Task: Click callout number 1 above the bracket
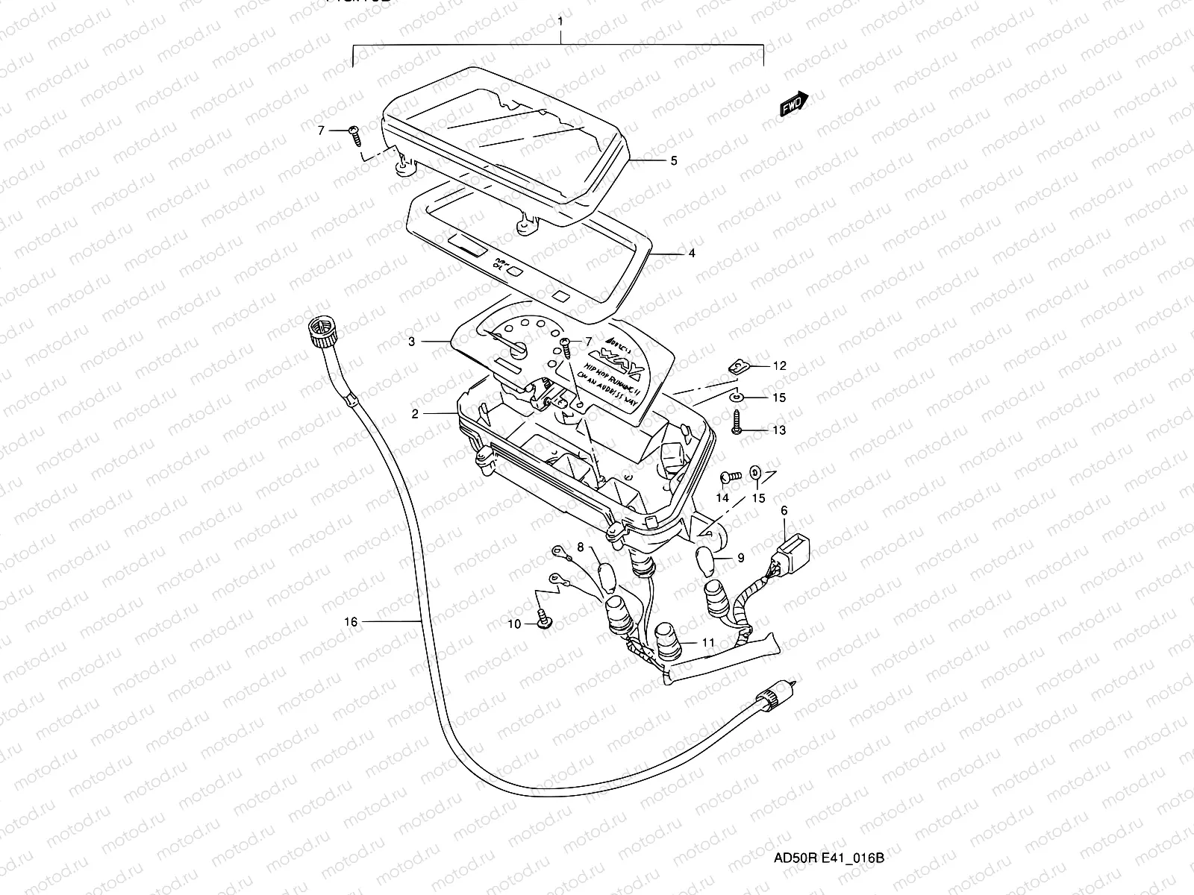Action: coord(560,22)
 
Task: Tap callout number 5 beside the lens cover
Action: coord(673,160)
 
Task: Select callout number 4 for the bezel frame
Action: coord(691,254)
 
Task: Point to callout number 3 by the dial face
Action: coord(411,342)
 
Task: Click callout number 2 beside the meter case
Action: coord(415,413)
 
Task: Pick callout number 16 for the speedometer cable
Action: coord(351,621)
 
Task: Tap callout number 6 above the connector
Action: coord(784,511)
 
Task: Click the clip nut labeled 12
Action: coord(737,366)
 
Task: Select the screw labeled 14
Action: coord(728,475)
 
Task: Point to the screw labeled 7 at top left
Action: coord(355,133)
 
